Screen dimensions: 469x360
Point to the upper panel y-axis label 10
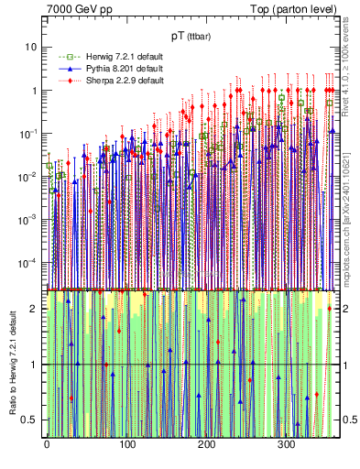click(x=31, y=47)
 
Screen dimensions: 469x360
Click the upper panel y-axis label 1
click(x=35, y=91)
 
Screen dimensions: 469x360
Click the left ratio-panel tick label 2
click(x=35, y=309)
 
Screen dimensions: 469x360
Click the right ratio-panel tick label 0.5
click(x=349, y=420)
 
